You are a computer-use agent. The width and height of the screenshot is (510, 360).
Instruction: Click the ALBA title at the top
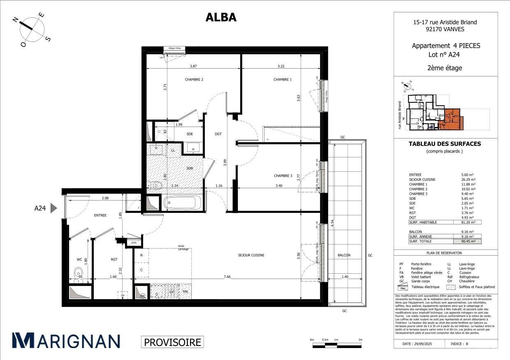[221, 17]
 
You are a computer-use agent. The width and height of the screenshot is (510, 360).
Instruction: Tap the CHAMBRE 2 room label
[194, 80]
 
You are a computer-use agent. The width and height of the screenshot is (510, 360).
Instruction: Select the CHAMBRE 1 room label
[283, 80]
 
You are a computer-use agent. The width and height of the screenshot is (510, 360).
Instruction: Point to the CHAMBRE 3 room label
[283, 176]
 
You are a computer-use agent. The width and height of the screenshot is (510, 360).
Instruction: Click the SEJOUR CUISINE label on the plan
[251, 255]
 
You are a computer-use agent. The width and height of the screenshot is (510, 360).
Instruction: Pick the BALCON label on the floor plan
[344, 255]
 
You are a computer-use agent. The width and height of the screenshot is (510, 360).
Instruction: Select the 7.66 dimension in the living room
[227, 277]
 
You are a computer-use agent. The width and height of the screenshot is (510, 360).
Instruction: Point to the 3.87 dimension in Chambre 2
[193, 67]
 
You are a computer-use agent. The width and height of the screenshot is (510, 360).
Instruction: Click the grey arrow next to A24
[53, 208]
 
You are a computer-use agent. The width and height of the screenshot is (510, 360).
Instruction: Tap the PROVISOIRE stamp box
[172, 342]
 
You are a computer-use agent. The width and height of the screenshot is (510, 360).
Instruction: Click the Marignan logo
[66, 341]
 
